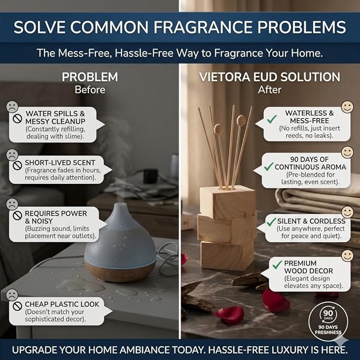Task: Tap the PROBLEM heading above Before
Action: [90, 77]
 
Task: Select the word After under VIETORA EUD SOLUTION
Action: [269, 90]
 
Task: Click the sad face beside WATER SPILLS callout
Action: [12, 107]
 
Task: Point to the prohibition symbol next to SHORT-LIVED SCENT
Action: [17, 165]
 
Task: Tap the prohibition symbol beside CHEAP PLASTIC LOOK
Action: [17, 306]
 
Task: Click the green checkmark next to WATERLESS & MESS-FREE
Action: [272, 119]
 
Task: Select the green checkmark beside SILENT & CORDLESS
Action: [271, 222]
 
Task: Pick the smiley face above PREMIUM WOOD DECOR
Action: [347, 256]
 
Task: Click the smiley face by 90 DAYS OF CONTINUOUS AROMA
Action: [347, 152]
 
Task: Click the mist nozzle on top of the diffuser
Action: [120, 207]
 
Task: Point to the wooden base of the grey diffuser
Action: [120, 271]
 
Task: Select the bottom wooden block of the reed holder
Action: [227, 255]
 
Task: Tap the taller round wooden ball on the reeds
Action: [241, 120]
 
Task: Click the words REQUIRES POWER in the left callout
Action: [56, 214]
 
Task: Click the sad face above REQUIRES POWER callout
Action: [12, 204]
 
